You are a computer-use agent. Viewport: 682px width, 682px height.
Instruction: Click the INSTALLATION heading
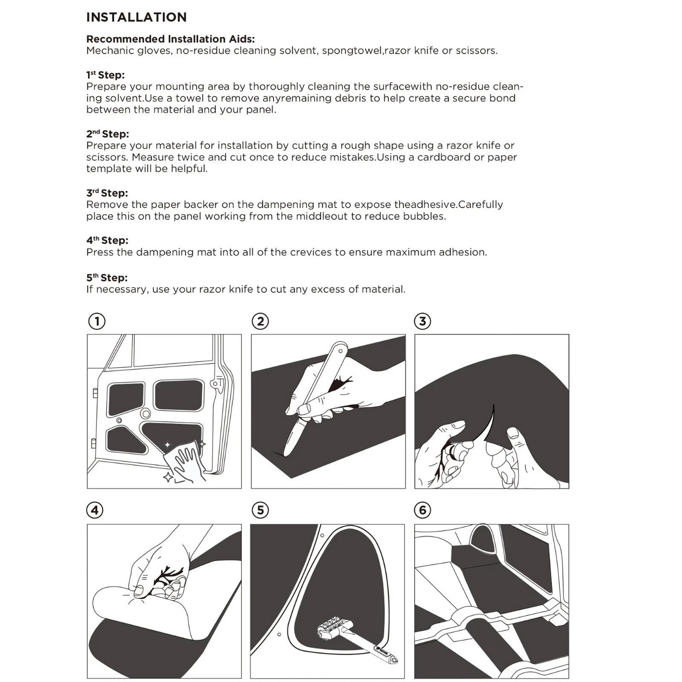(x=136, y=17)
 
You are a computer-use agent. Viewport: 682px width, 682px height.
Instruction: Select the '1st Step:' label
(x=105, y=75)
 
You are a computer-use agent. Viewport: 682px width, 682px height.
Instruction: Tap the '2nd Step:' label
(x=107, y=134)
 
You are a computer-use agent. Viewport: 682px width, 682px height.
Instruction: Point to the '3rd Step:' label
(x=107, y=193)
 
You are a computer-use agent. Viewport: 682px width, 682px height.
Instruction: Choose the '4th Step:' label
(x=107, y=240)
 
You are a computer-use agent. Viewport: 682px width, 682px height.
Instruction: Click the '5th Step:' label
(x=107, y=278)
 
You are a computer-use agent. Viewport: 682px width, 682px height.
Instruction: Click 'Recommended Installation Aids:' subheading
(x=170, y=39)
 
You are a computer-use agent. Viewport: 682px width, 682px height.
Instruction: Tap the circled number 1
(x=97, y=321)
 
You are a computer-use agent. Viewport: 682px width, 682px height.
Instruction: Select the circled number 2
(x=260, y=321)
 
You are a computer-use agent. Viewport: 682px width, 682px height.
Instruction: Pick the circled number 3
(x=422, y=321)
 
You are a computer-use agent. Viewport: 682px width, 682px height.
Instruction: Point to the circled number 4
(x=95, y=510)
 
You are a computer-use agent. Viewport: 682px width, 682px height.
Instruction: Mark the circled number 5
(x=260, y=510)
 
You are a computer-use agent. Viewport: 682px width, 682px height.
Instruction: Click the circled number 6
(x=422, y=510)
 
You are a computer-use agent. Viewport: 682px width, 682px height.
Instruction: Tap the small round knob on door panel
(x=145, y=413)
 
